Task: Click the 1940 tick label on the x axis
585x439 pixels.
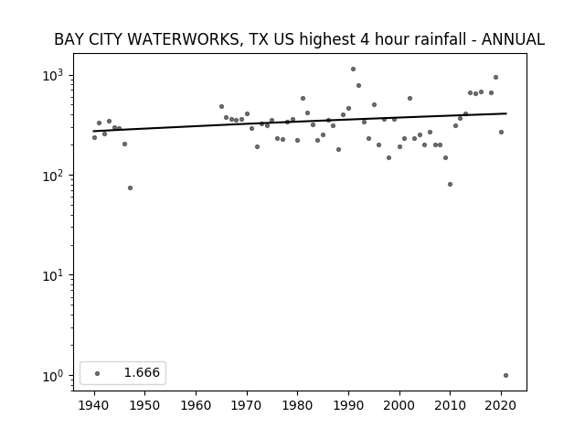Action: (94, 405)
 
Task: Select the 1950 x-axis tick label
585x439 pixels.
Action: (144, 405)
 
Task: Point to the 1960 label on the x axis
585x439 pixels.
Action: (196, 405)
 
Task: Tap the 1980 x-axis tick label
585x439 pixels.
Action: (297, 405)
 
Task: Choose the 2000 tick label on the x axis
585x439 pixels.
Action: (399, 405)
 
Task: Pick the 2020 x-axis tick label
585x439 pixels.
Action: (501, 405)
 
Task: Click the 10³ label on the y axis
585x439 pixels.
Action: (55, 75)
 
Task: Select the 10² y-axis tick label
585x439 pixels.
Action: (55, 176)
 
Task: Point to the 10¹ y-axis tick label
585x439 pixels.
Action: (55, 275)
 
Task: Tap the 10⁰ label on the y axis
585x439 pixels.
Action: (55, 376)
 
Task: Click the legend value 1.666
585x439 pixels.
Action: (142, 372)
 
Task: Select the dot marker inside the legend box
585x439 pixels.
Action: (98, 373)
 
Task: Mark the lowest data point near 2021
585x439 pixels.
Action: (505, 376)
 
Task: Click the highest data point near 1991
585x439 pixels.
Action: (354, 70)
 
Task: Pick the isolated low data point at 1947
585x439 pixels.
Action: (130, 187)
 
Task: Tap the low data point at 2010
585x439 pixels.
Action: (450, 184)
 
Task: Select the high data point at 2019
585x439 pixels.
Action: (495, 77)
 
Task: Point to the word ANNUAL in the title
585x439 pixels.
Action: (513, 39)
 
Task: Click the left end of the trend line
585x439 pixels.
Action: (93, 131)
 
